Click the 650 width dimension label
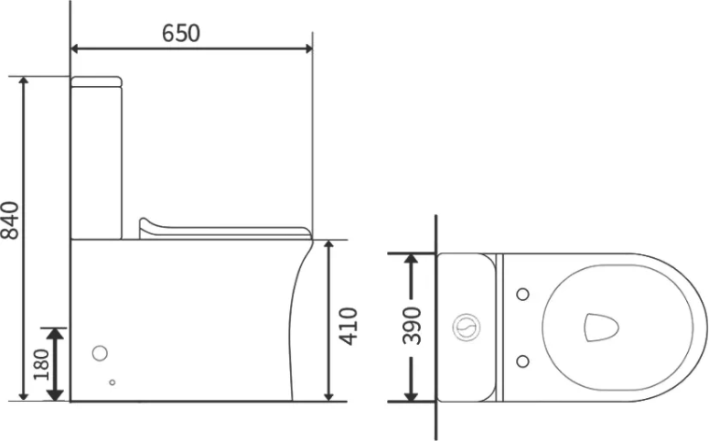pyautogui.click(x=181, y=33)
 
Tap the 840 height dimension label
pyautogui.click(x=10, y=220)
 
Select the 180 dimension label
pyautogui.click(x=40, y=364)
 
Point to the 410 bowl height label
pyautogui.click(x=349, y=326)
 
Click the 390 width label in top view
pyautogui.click(x=412, y=326)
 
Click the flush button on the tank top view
pyautogui.click(x=467, y=327)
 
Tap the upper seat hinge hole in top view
pyautogui.click(x=522, y=294)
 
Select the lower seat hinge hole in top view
pyautogui.click(x=522, y=361)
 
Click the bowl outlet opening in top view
pyautogui.click(x=601, y=327)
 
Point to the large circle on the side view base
pyautogui.click(x=100, y=353)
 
